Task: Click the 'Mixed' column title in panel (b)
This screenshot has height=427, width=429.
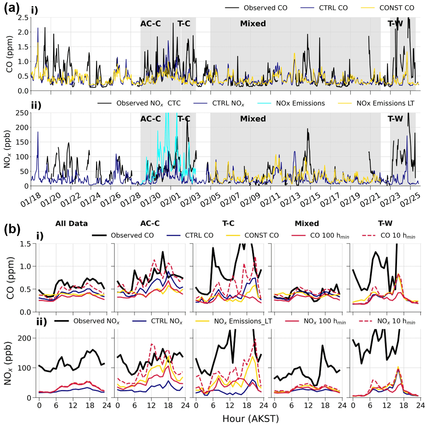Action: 307,223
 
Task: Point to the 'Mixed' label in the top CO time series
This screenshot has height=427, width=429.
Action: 253,24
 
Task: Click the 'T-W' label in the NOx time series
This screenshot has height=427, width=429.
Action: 395,119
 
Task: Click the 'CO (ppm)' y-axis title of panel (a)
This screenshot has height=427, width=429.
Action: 10,54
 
